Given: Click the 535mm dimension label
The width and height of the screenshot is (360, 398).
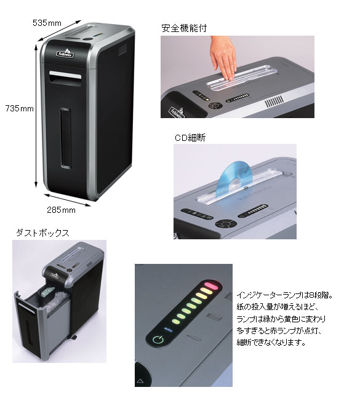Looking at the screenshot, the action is point(47,23).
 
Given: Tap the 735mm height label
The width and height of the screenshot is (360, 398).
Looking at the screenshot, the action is point(20,109).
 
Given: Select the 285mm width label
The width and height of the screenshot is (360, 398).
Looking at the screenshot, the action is point(61,210).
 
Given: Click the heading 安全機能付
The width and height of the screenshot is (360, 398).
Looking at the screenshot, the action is point(184,28).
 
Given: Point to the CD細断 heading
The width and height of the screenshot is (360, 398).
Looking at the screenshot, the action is point(190,138).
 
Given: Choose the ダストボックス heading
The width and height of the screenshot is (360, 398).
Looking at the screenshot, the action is point(42,233).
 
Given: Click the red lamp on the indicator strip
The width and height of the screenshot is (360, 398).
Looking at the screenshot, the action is point(212,285).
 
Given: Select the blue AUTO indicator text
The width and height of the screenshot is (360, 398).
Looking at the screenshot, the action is point(169,330).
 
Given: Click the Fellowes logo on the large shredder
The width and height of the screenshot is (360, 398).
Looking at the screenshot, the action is point(65,54).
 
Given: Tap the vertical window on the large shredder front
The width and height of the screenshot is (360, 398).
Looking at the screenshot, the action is point(65,138).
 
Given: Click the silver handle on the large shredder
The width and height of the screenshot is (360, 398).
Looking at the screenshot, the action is point(65,76).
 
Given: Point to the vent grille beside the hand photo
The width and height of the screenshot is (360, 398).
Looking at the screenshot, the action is point(274,101).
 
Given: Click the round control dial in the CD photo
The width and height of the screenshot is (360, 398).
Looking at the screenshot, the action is point(226,224).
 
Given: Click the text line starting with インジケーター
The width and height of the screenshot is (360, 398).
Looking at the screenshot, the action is point(284,295).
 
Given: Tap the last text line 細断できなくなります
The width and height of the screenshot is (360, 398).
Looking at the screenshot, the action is point(271,343).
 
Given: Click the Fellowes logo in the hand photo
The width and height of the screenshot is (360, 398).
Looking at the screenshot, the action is point(177,113).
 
